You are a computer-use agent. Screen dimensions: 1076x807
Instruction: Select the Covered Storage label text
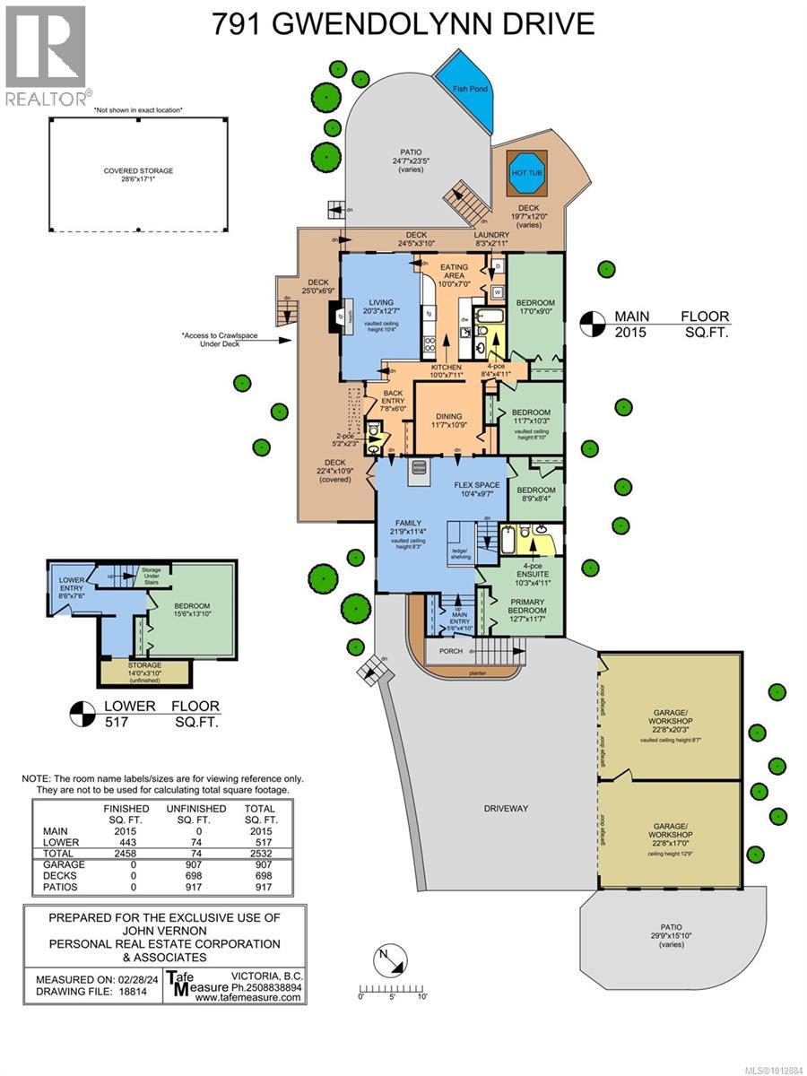click(x=137, y=170)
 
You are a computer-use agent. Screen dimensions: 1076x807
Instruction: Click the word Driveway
click(x=506, y=808)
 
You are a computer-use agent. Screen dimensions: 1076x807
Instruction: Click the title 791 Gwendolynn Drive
click(x=403, y=23)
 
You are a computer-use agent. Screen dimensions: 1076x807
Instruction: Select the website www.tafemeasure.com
click(x=247, y=996)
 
